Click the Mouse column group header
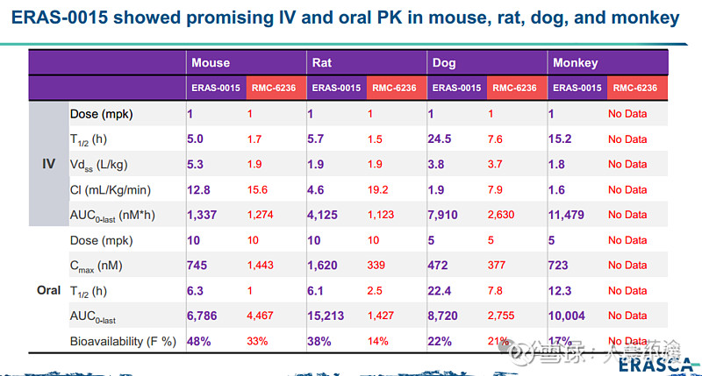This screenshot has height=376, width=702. click(211, 62)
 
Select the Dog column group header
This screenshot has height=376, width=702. click(444, 62)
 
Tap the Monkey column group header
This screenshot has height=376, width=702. click(575, 62)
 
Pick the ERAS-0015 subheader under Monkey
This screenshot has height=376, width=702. click(577, 88)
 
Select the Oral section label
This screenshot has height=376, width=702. click(49, 289)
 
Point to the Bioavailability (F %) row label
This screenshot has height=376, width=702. click(123, 341)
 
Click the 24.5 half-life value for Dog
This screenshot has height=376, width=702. click(440, 138)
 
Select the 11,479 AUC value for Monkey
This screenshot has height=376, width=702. click(568, 214)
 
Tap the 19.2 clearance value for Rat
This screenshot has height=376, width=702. click(378, 189)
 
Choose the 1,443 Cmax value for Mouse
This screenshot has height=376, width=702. click(261, 265)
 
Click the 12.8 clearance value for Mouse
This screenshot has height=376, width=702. click(199, 189)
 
